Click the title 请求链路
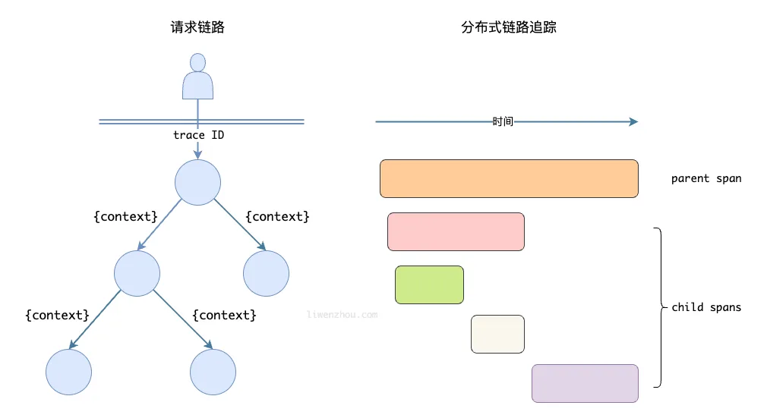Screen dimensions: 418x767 (x=197, y=27)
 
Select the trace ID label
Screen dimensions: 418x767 (x=198, y=135)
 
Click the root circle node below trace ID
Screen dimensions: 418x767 (x=197, y=182)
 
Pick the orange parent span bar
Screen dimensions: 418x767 (x=509, y=178)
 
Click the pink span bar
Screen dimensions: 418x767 (x=456, y=231)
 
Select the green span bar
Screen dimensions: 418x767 (x=429, y=284)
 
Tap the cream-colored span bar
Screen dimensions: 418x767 (x=497, y=334)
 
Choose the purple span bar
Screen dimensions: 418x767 (x=585, y=383)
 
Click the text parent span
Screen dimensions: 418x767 (x=706, y=179)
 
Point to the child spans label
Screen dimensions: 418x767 (x=706, y=308)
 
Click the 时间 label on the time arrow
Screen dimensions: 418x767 (x=503, y=121)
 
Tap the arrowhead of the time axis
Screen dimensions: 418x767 (x=633, y=121)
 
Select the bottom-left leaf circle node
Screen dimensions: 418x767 (x=68, y=372)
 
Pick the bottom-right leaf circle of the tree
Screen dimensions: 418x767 (x=213, y=372)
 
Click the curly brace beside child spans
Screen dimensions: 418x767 (x=659, y=307)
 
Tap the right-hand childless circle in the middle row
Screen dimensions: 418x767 (x=266, y=273)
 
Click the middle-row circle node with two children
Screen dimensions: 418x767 (x=137, y=273)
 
